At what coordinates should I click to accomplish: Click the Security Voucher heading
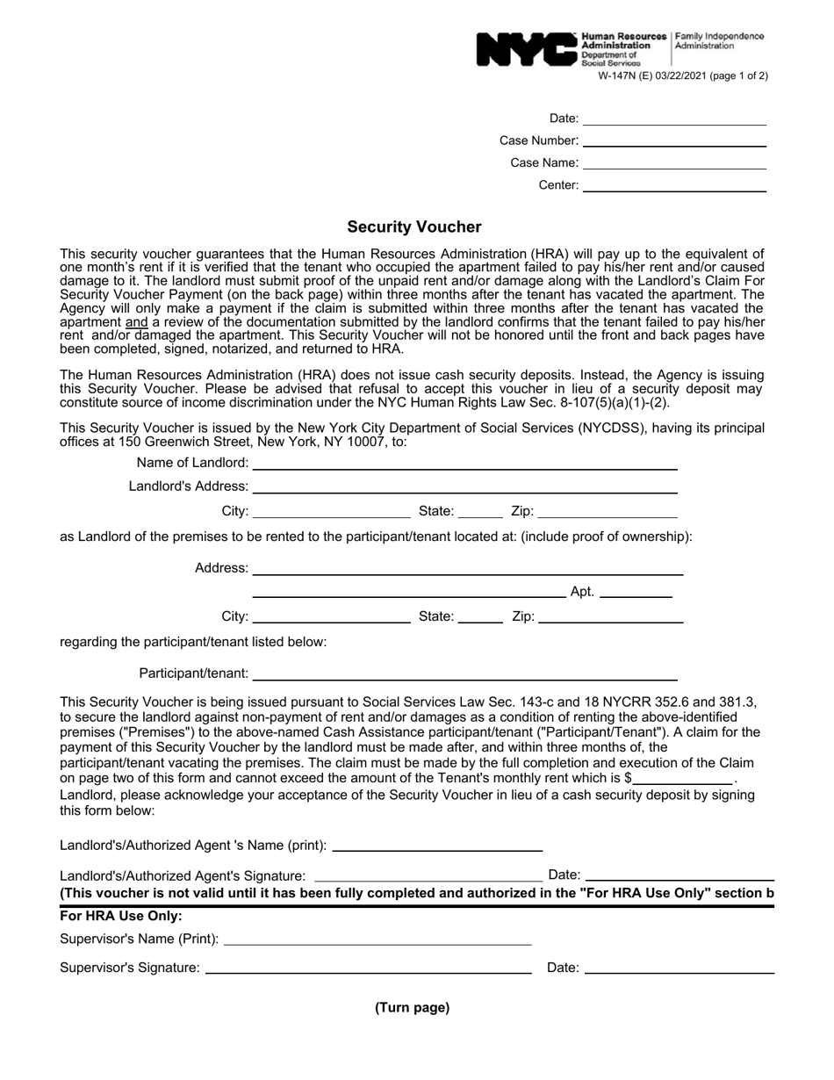[x=414, y=227]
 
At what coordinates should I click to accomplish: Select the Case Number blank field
[x=674, y=140]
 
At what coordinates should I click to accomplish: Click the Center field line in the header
[x=674, y=185]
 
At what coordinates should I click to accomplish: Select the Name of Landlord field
[x=464, y=464]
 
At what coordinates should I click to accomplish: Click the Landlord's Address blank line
[x=464, y=486]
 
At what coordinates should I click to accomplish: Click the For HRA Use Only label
[x=121, y=917]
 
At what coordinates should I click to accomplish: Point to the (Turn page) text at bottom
[x=412, y=1008]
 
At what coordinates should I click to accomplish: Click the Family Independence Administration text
[x=718, y=41]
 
